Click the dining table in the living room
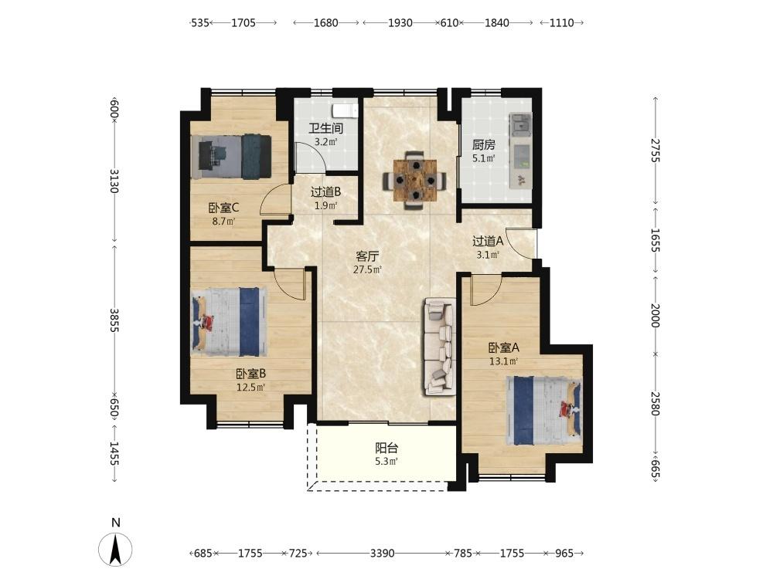[415, 180]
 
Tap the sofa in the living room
[439, 347]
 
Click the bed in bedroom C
[231, 157]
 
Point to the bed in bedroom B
[230, 321]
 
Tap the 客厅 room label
[367, 256]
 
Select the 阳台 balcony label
[386, 448]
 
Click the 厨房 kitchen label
[484, 145]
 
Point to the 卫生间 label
[326, 128]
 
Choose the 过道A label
[488, 241]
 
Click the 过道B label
[326, 192]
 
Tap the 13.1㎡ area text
[503, 361]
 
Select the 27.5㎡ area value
[367, 269]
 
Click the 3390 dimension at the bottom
[382, 554]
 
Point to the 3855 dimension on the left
[114, 320]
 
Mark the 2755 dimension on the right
[656, 151]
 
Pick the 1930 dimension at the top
[400, 22]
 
